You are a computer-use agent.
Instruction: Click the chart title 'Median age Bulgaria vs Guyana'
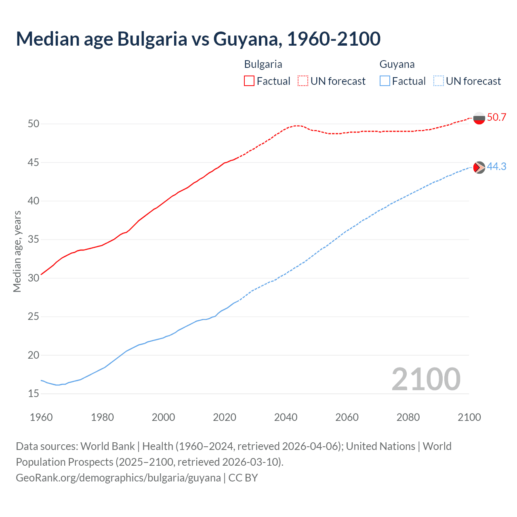click(x=198, y=39)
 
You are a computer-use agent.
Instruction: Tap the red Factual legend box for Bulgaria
click(x=249, y=81)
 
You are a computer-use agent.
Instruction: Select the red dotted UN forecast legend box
click(x=303, y=81)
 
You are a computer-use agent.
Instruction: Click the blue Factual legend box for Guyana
click(x=385, y=81)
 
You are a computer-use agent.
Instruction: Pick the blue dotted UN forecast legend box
click(x=438, y=81)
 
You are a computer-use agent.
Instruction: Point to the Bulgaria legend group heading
click(x=263, y=64)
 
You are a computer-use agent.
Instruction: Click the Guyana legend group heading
click(x=397, y=64)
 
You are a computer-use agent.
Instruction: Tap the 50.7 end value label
click(x=496, y=118)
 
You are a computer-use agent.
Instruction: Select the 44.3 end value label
click(x=496, y=167)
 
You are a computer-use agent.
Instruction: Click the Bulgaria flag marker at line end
click(x=479, y=118)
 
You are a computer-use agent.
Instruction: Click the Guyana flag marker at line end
click(x=479, y=167)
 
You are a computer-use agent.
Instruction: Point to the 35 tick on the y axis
click(x=34, y=240)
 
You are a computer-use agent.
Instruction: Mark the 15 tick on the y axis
click(x=34, y=393)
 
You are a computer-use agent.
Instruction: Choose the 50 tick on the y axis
click(x=34, y=124)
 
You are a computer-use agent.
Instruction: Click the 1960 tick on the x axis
click(x=41, y=417)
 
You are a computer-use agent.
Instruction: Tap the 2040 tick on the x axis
click(x=286, y=417)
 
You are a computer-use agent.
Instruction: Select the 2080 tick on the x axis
click(x=408, y=417)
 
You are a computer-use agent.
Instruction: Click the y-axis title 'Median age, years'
click(x=17, y=251)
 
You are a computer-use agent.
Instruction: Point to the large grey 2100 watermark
click(x=426, y=379)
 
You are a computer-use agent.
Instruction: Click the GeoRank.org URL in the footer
click(x=118, y=478)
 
